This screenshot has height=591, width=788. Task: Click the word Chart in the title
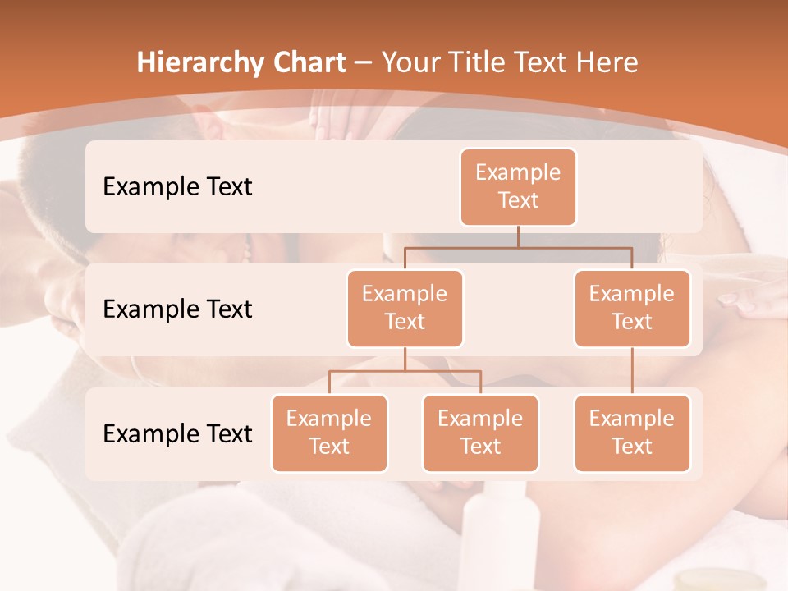(305, 62)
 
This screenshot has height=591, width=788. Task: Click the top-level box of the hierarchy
(518, 186)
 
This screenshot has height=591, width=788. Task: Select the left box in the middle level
(405, 308)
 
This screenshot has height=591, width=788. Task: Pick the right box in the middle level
(632, 308)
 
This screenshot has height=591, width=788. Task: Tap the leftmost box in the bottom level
(329, 433)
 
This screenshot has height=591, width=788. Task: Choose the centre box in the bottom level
(480, 433)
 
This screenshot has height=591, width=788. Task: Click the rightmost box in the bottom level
(632, 433)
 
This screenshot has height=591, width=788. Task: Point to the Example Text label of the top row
(177, 186)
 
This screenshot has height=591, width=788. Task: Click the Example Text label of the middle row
(177, 309)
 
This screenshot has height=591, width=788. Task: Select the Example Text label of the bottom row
(177, 433)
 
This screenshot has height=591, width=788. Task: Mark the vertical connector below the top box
(518, 236)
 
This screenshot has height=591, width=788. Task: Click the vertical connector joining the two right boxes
(632, 371)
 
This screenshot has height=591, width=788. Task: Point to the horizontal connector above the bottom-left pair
(405, 371)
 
